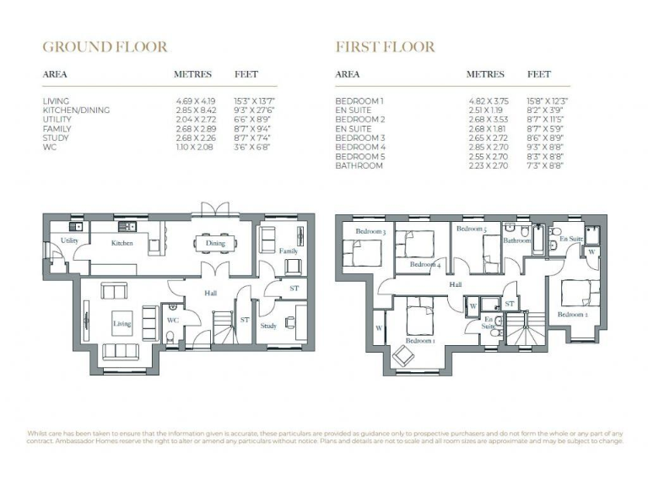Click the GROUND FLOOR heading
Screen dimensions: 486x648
pos(105,46)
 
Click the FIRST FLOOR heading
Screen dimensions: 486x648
pos(385,46)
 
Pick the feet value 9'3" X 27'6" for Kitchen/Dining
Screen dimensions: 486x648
pos(252,111)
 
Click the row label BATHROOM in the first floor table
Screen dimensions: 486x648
pos(359,166)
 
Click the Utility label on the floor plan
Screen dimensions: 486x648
pos(69,240)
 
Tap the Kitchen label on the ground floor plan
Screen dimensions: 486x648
pos(123,243)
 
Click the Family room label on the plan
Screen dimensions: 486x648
pos(289,251)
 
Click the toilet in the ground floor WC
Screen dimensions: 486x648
pos(171,337)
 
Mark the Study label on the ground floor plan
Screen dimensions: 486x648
pos(268,325)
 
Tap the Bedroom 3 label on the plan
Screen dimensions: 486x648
pos(370,231)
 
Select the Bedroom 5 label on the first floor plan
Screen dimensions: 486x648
pos(472,229)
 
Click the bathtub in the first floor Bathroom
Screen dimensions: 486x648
pos(537,240)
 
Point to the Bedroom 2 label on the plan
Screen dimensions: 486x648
pos(573,314)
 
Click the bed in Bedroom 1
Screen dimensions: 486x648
pos(419,321)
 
